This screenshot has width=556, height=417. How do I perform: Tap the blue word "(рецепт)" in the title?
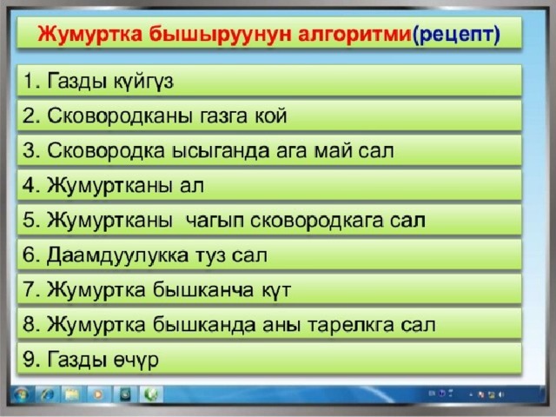pyautogui.click(x=456, y=35)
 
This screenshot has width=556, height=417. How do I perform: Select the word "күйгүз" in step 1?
pyautogui.click(x=143, y=82)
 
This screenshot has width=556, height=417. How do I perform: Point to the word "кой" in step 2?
pyautogui.click(x=270, y=116)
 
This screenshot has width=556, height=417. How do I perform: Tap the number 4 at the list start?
pyautogui.click(x=29, y=185)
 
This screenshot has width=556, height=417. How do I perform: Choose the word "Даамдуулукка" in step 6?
pyautogui.click(x=117, y=255)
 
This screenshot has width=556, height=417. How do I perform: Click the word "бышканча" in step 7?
pyautogui.click(x=203, y=289)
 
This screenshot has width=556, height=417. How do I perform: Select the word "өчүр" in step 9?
pyautogui.click(x=136, y=361)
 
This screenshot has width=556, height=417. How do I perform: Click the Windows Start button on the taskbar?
pyautogui.click(x=21, y=394)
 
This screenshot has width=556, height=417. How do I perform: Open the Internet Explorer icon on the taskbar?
pyautogui.click(x=47, y=394)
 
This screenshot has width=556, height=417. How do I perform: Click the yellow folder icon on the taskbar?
pyautogui.click(x=72, y=394)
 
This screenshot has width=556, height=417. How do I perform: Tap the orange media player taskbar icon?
pyautogui.click(x=98, y=394)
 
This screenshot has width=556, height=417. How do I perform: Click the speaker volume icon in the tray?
pyautogui.click(x=501, y=394)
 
